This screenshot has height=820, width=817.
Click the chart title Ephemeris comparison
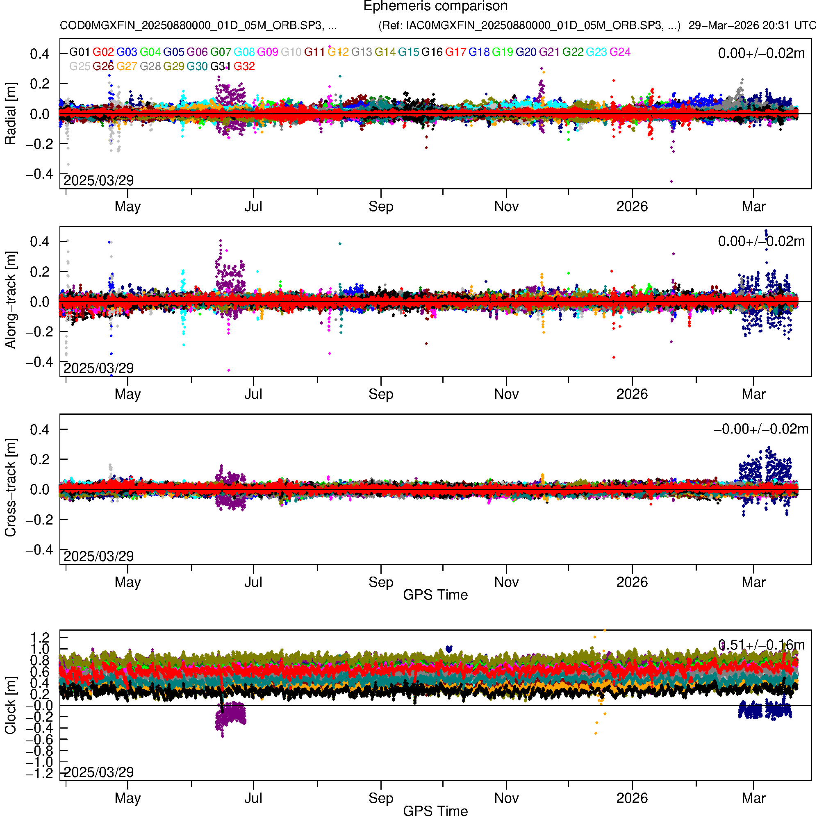pos(435,7)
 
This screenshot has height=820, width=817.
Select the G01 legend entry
pos(80,52)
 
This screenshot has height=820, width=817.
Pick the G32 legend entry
pos(244,67)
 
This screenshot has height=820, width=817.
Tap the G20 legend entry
pos(526,52)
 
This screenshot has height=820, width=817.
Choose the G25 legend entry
pos(80,67)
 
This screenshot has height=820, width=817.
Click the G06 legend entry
pos(197,52)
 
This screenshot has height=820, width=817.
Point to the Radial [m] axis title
pos(10,114)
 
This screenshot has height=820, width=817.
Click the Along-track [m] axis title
pos(10,300)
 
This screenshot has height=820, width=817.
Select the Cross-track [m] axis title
pos(10,488)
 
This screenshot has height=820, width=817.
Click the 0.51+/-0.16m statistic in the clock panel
pos(761,645)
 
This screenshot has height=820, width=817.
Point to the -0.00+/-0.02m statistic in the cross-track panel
pos(761,429)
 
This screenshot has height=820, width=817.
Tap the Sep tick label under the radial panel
pos(381,207)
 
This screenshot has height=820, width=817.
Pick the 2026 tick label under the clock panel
pos(632,798)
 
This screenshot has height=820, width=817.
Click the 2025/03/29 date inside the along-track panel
pos(98,368)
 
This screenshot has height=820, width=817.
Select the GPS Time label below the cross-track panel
pos(435,595)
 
